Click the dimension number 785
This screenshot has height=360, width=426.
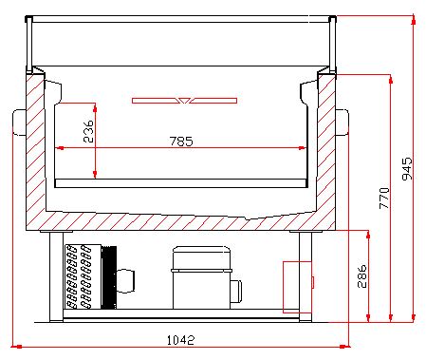point(181,142)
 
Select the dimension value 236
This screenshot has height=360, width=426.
point(88,131)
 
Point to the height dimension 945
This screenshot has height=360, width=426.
point(407,168)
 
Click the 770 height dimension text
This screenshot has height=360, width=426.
point(384,197)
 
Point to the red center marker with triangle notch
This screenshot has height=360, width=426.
point(186,99)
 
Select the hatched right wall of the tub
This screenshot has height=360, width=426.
point(327,152)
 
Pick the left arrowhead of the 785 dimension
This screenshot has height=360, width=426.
point(60,148)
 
